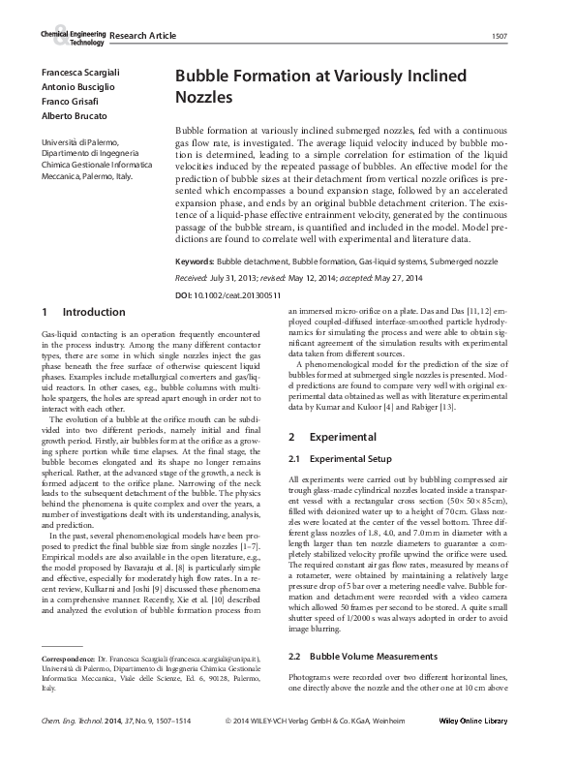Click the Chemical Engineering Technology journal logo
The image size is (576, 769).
click(x=73, y=36)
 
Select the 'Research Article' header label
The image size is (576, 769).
click(x=143, y=36)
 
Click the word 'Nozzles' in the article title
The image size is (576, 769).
click(x=204, y=98)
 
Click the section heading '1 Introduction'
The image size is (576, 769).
click(x=83, y=313)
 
